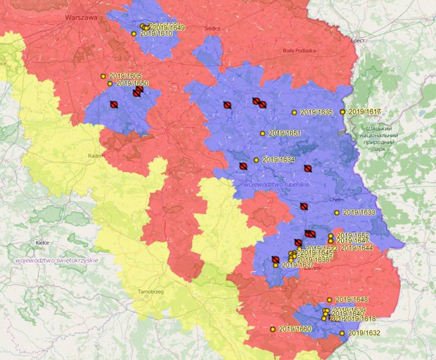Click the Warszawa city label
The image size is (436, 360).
pyautogui.click(x=81, y=17)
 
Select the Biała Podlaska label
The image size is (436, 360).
pyautogui.click(x=299, y=51)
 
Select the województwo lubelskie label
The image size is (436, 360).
pyautogui.click(x=277, y=185)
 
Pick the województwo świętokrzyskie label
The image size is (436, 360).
pyautogui.click(x=57, y=260)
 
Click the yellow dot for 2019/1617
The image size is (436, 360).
pyautogui.click(x=342, y=112)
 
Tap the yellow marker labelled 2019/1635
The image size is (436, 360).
pyautogui.click(x=294, y=113)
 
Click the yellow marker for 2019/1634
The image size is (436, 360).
pyautogui.click(x=256, y=160)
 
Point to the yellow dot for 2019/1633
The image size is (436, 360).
pyautogui.click(x=337, y=212)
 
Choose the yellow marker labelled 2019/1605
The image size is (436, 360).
pyautogui.click(x=103, y=76)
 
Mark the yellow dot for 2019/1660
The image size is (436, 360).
pyautogui.click(x=272, y=329)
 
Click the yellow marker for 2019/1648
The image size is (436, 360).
pyautogui.click(x=329, y=300)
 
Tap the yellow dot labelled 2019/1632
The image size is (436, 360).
pyautogui.click(x=342, y=333)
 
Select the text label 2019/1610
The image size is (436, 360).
pyautogui.click(x=156, y=34)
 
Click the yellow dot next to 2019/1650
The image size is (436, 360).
pyautogui.click(x=110, y=83)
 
